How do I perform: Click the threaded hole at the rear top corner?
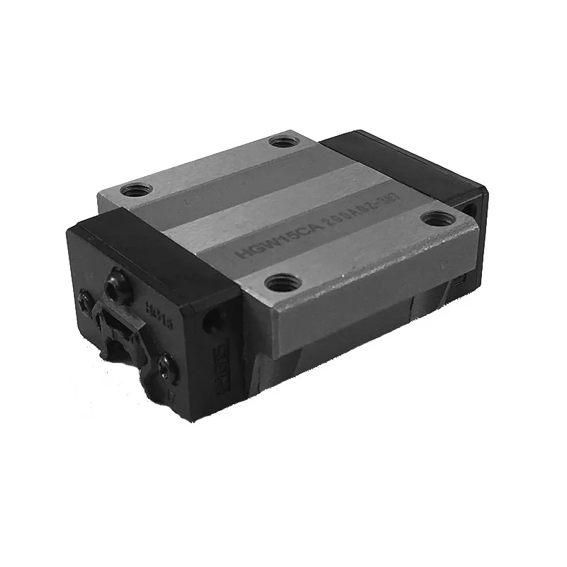coord(283,141)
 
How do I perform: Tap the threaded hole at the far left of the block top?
coord(133,190)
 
